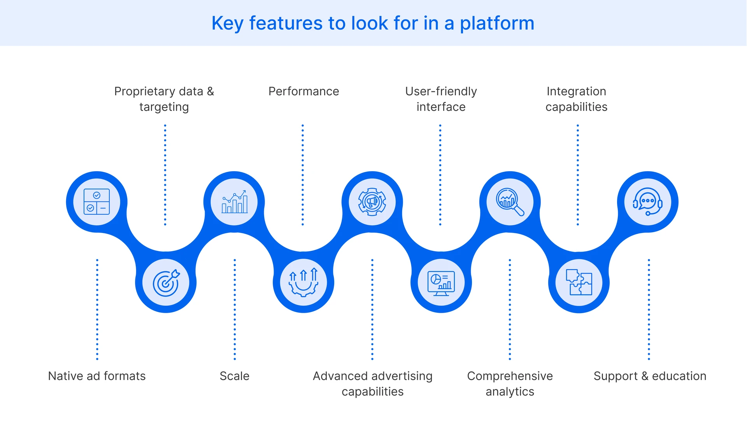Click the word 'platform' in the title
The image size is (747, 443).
(497, 23)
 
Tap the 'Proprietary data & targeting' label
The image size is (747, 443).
(164, 99)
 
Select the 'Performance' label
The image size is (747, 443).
(303, 91)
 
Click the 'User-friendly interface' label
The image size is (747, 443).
(441, 99)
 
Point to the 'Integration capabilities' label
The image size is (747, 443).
(576, 99)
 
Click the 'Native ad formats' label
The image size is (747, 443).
(97, 376)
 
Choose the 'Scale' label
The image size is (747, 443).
(234, 376)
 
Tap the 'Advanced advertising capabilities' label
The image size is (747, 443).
(372, 383)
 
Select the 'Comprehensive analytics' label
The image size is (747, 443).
(510, 383)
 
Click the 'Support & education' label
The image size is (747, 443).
(650, 376)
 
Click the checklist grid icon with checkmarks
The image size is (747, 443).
(96, 202)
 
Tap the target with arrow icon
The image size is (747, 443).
(166, 283)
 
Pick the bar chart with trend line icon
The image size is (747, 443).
(234, 202)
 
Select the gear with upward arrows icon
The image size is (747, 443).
(303, 283)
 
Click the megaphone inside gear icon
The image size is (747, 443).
(372, 202)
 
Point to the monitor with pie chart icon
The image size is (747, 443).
(441, 283)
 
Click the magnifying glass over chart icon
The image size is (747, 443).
(510, 202)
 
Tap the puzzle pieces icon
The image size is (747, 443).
(579, 283)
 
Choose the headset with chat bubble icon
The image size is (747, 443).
(647, 202)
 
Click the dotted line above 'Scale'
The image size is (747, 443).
(235, 309)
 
